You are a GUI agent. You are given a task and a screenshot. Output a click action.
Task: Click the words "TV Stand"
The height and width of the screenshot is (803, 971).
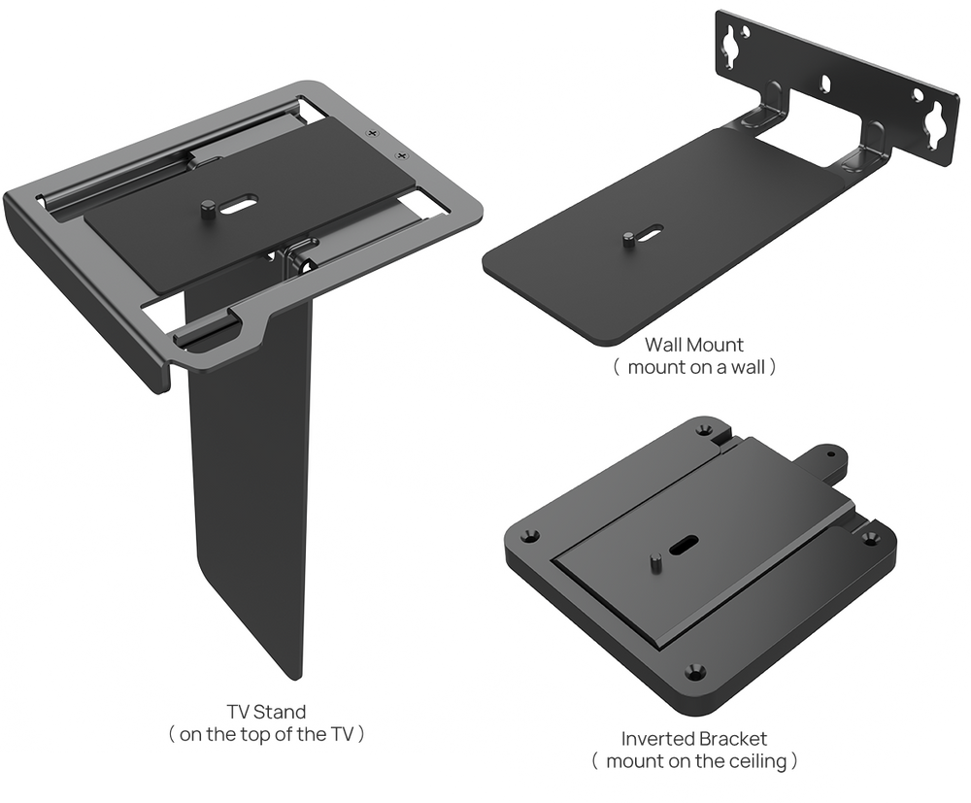[x=266, y=712]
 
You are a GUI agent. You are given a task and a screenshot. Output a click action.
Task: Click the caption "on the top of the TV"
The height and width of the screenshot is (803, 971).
[x=266, y=734]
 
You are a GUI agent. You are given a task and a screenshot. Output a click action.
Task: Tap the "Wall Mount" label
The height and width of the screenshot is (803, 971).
[x=693, y=345]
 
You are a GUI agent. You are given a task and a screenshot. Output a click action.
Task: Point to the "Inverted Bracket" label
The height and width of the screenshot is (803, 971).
[x=693, y=739]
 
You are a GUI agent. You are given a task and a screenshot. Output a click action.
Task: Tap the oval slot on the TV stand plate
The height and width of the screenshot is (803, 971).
[x=240, y=204]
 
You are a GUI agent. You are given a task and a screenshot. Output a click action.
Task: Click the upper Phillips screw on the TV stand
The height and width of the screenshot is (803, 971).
[x=372, y=132]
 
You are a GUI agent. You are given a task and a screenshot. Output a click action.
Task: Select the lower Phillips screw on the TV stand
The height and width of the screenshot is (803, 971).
[x=401, y=154]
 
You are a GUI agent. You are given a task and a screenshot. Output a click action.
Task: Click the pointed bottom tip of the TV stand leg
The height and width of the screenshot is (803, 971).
[x=299, y=679]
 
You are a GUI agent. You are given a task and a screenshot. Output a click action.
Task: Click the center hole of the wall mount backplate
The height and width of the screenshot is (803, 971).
[x=825, y=83]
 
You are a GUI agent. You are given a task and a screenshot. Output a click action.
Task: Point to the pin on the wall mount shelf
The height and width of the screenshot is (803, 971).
[x=628, y=239]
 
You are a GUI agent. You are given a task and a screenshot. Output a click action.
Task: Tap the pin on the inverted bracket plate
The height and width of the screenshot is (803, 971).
[x=656, y=562]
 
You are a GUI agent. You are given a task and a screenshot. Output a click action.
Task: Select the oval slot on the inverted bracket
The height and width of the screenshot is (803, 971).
[x=683, y=545]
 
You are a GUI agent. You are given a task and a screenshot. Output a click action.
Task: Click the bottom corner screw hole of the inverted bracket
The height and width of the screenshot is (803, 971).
[x=695, y=670]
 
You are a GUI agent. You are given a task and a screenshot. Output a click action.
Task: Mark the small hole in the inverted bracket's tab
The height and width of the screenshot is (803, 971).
[x=830, y=454]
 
